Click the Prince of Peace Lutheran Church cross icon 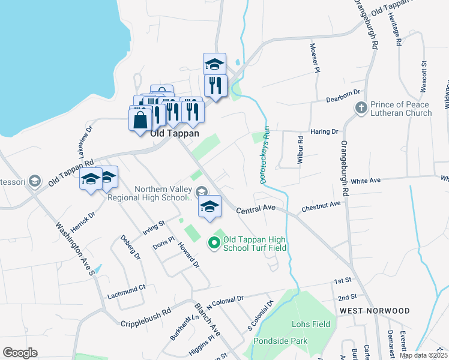tap(360, 108)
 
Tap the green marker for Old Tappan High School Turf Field tap(213, 243)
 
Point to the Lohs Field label tap(311, 325)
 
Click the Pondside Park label tap(280, 341)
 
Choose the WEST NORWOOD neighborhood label tap(375, 311)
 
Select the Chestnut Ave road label tap(321, 205)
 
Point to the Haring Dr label tap(324, 131)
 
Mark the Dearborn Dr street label tap(342, 93)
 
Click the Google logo tap(20, 353)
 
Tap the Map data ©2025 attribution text tap(423, 355)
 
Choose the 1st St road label tap(342, 281)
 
